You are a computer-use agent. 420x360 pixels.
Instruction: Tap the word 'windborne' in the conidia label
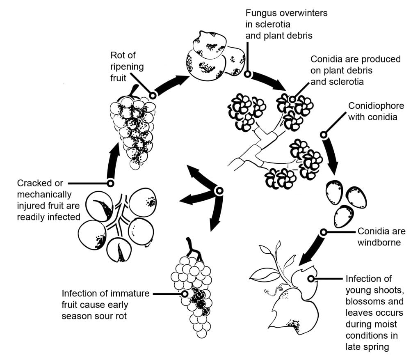(x=379, y=243)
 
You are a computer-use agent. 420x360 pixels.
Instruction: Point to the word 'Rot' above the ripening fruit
(x=117, y=55)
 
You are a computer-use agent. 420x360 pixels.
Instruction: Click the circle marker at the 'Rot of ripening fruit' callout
(x=153, y=95)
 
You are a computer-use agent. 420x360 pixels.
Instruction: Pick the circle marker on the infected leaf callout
(x=311, y=279)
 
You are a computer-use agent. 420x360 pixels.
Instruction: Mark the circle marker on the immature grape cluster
(x=185, y=294)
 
